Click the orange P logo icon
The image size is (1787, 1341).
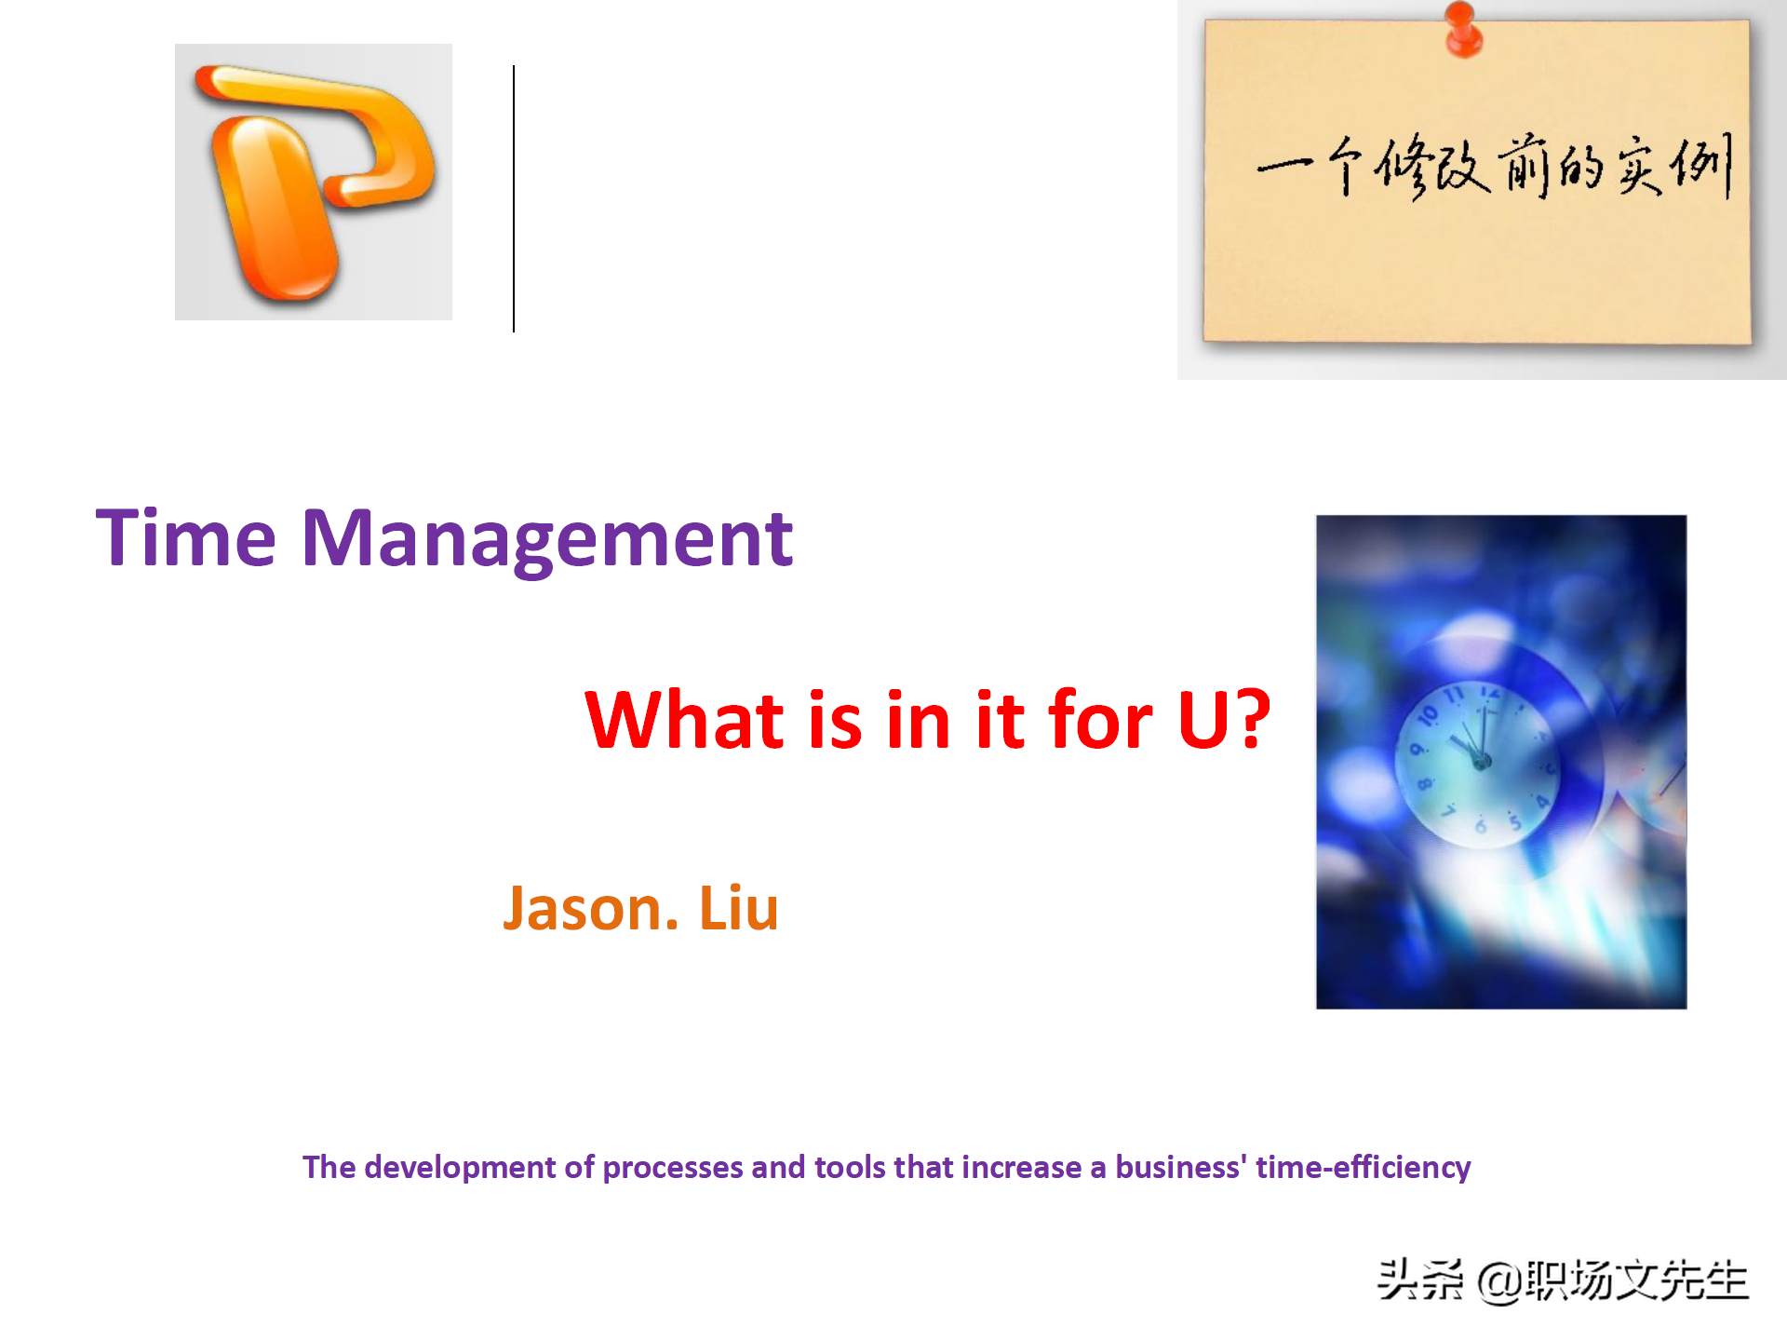314,183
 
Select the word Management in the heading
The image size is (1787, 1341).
547,540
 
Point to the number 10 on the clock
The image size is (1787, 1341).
1428,715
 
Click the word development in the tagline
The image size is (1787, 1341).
460,1168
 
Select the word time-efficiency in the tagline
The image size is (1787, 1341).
1364,1168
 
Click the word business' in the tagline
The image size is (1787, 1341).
1181,1168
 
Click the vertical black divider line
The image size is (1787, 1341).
513,198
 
